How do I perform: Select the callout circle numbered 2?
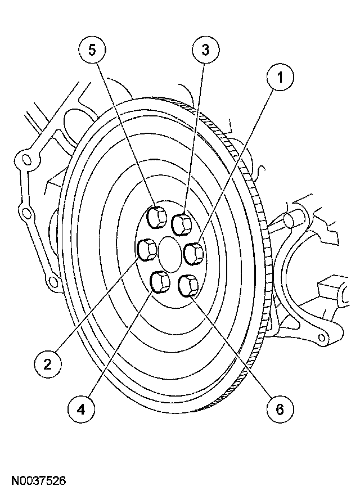48,364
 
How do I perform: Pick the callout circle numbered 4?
82,409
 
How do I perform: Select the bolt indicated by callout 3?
182,223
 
